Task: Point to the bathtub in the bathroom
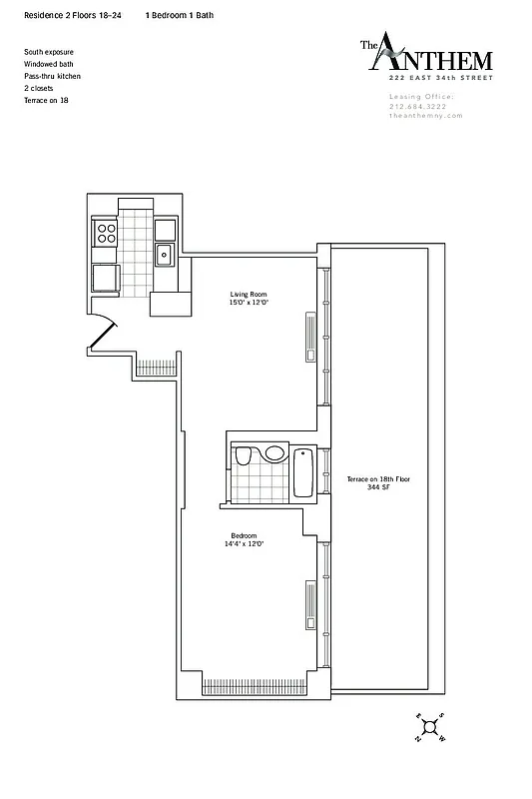pyautogui.click(x=304, y=472)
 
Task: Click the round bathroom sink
pyautogui.click(x=275, y=453)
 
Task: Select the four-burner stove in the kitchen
pyautogui.click(x=106, y=234)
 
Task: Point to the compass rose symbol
pyautogui.click(x=430, y=728)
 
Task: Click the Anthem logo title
pyautogui.click(x=414, y=54)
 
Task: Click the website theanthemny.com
pyautogui.click(x=420, y=117)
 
